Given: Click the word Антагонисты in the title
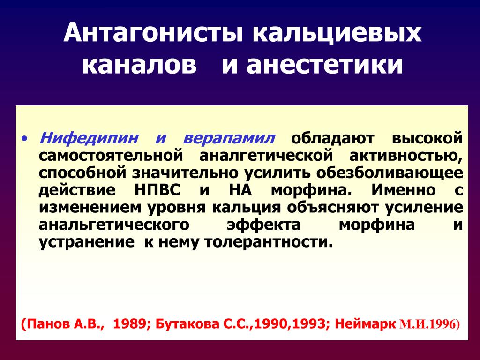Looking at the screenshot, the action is point(153,32).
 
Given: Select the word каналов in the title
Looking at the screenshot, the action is point(139,65).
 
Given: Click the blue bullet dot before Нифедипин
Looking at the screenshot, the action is point(25,139).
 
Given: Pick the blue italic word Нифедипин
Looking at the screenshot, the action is point(89,138).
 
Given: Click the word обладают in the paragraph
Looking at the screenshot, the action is point(332,139).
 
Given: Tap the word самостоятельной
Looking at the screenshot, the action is point(111,155).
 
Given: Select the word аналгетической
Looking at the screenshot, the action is point(266,155).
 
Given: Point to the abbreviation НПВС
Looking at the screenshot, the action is point(157,190).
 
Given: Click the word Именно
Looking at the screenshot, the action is point(404,190).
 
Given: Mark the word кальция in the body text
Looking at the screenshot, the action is point(246,208).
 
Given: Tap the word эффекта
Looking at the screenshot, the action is point(263,225).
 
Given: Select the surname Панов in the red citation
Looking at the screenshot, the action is point(47,323).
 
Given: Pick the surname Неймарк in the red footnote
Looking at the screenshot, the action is point(365,324).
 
